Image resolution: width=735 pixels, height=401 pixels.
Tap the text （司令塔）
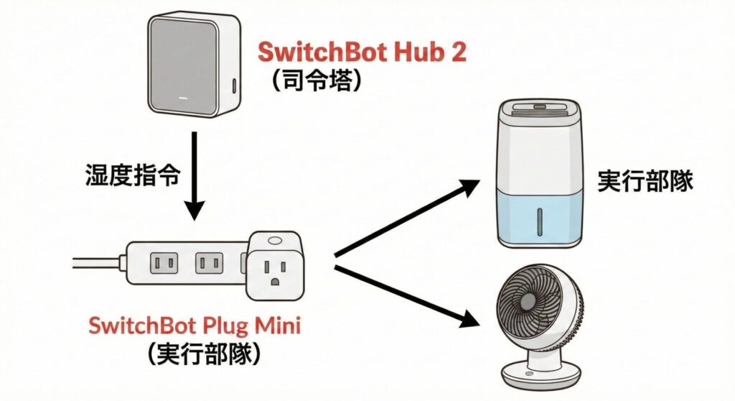[x=316, y=80]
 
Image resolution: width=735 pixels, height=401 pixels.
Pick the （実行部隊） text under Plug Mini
[x=195, y=353]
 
